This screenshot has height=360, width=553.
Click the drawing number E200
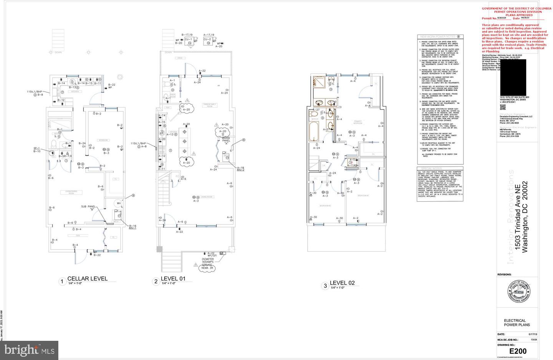(518, 351)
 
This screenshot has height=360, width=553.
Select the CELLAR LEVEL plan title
(87, 279)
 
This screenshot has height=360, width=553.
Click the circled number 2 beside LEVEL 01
(156, 282)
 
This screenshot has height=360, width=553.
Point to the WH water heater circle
(119, 203)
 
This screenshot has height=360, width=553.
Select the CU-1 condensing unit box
(189, 40)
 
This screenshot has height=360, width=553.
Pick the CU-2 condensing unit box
(207, 40)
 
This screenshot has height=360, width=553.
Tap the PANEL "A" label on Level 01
(227, 142)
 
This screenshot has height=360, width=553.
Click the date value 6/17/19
(523, 334)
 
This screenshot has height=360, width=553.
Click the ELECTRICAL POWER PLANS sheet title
(515, 323)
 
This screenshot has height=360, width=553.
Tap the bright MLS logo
(29, 350)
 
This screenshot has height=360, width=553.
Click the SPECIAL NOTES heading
(432, 168)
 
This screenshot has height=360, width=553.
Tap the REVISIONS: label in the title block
(504, 275)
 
